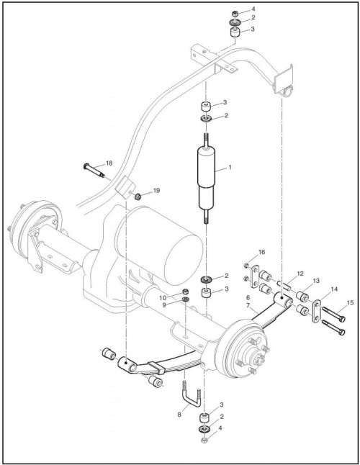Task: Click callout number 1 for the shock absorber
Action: tap(230, 168)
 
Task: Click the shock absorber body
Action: tap(206, 178)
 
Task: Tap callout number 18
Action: tap(109, 163)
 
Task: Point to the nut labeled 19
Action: tap(137, 196)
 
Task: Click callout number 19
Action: tap(156, 191)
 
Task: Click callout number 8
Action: tap(179, 415)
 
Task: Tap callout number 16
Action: tap(262, 252)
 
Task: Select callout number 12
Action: tap(300, 274)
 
